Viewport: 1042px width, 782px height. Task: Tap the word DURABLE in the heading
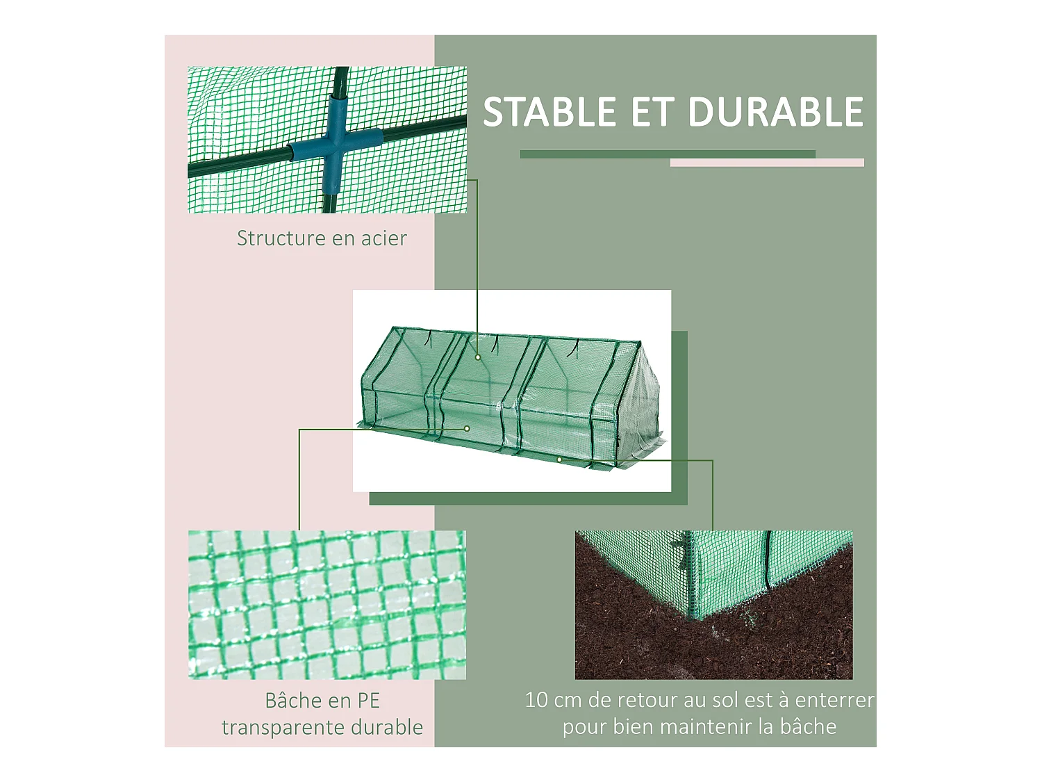pos(775,113)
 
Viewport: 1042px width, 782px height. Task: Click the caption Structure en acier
pos(322,238)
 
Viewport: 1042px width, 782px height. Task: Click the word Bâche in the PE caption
pos(292,701)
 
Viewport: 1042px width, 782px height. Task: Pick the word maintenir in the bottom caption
pos(699,727)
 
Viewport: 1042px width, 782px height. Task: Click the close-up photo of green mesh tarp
pos(326,605)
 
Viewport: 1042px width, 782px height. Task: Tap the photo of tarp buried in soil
pos(713,605)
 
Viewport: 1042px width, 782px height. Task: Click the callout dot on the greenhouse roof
pos(478,357)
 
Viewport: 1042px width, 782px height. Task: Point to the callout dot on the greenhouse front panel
pos(468,429)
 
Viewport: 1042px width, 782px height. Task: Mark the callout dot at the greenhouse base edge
pos(559,459)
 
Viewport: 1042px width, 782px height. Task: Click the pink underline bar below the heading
pos(767,163)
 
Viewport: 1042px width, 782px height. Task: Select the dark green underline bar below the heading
pos(667,154)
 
